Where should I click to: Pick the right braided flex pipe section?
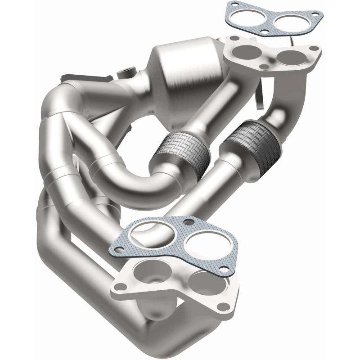tap(254, 135)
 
